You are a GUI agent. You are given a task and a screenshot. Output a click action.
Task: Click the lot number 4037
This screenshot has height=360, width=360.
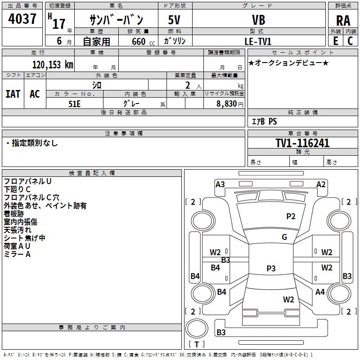click(22, 19)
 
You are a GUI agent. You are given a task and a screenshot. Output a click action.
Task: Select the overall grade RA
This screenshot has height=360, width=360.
click(343, 21)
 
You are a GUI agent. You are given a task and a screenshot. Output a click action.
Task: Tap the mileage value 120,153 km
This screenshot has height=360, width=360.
click(53, 65)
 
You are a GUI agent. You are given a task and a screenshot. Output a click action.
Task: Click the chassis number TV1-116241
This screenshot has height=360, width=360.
click(302, 143)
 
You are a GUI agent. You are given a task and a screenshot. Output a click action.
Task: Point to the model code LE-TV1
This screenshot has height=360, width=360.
click(258, 41)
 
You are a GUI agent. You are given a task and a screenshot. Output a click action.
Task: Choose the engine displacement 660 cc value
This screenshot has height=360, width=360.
click(143, 41)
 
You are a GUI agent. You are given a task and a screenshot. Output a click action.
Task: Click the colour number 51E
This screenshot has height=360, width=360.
click(74, 104)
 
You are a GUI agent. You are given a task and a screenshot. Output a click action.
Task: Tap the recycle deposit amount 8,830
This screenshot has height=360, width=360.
click(226, 104)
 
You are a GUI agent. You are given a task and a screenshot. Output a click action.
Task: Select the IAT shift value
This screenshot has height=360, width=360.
click(13, 94)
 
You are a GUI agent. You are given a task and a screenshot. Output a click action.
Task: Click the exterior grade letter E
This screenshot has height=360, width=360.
click(336, 41)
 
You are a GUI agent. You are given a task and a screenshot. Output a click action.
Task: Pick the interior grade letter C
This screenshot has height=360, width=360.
click(350, 41)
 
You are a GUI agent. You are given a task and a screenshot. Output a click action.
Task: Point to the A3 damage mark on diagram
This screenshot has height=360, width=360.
click(220, 184)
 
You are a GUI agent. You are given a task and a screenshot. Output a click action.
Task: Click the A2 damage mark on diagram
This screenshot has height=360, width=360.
click(321, 184)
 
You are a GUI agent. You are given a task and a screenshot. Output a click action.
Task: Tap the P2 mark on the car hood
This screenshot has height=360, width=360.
click(291, 216)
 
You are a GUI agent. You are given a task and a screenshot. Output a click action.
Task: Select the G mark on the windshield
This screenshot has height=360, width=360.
click(284, 237)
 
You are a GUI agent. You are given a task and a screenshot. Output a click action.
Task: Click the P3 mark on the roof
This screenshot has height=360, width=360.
click(271, 268)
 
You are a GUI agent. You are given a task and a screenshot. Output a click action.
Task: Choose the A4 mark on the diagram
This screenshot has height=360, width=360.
click(320, 292)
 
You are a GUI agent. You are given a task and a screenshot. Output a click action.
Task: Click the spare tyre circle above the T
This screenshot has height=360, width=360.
click(197, 328)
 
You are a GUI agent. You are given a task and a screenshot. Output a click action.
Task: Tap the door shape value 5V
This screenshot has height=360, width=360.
click(174, 20)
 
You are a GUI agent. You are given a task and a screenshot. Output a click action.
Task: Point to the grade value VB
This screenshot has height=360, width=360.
click(258, 20)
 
